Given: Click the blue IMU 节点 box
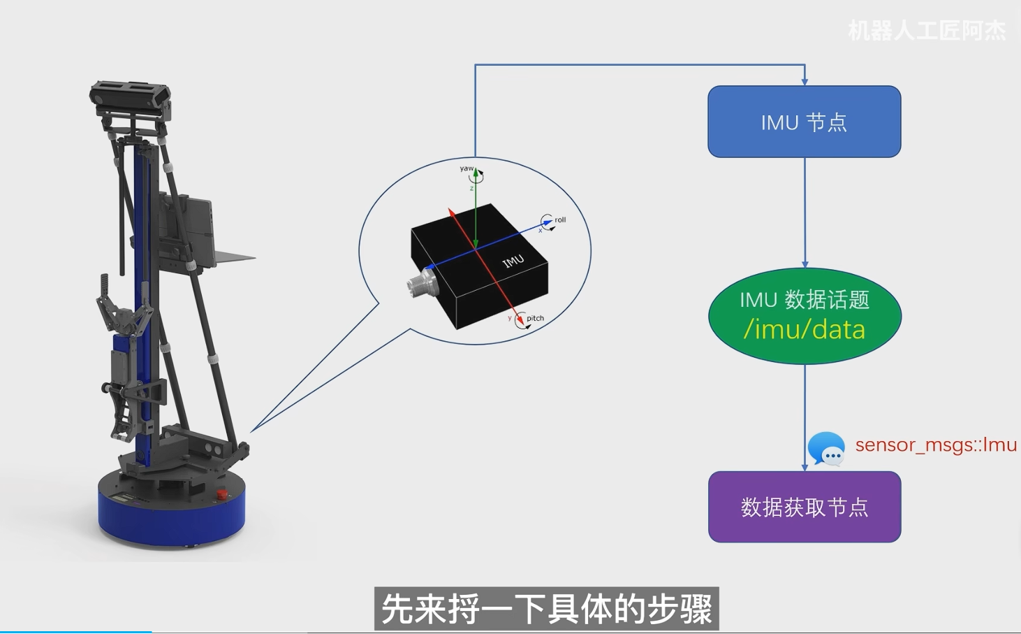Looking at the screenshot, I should (804, 122).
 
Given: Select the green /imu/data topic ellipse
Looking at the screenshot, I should (805, 316).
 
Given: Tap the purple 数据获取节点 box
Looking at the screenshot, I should (805, 507).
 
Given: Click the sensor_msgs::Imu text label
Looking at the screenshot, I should (935, 445).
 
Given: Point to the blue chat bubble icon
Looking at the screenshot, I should (826, 449).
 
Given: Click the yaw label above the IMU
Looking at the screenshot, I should (466, 168).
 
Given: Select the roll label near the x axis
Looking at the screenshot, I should (560, 219).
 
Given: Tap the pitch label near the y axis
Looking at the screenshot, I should (535, 318).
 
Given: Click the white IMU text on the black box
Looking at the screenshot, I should (513, 261).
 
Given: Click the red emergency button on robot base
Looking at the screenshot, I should (221, 495).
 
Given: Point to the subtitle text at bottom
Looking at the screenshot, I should (546, 609).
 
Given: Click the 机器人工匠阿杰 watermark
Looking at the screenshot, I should (926, 31).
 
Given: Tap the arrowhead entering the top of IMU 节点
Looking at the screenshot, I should (805, 81).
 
